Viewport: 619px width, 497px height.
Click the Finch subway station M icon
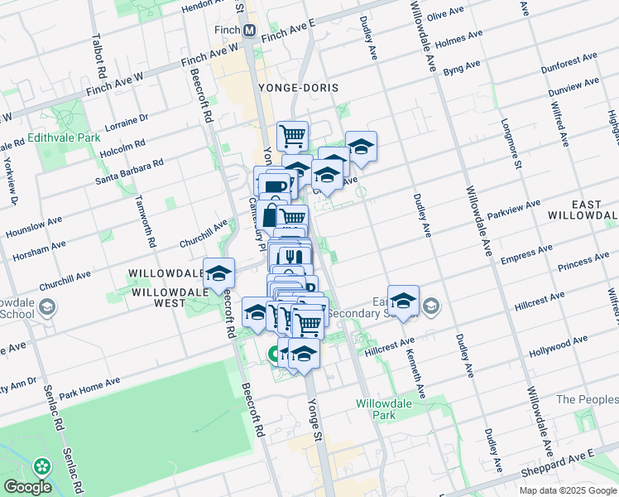coord(248,31)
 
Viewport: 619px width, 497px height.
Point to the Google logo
coord(27,487)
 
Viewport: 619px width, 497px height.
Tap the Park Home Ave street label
coord(89,385)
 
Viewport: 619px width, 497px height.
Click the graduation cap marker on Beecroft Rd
coord(218,273)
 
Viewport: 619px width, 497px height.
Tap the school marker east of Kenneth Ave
coord(403,300)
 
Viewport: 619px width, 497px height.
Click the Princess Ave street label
coord(584,265)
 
